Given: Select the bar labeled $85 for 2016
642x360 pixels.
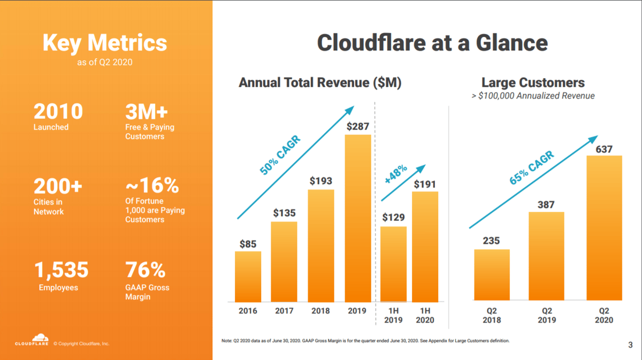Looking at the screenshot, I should point(248,275).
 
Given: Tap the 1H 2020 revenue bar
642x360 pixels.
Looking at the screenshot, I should point(425,246).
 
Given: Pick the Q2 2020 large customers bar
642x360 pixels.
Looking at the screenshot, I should point(604,227).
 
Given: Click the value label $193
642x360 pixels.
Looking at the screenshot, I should point(321,181).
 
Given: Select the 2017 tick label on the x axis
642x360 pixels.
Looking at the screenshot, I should point(284,311).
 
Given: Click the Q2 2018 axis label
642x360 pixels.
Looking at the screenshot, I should point(491,315).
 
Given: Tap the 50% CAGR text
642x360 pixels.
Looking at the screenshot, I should point(280,156).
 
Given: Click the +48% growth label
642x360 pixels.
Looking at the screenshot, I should point(396,174).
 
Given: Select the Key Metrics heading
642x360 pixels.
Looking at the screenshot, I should point(105,43).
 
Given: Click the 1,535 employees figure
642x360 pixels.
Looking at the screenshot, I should point(62,271).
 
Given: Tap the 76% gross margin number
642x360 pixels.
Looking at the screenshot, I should point(145,271).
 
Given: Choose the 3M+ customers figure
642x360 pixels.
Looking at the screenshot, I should point(147,111).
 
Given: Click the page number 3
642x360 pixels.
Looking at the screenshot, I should point(630,345).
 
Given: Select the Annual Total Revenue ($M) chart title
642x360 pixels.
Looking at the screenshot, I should point(320,83).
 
